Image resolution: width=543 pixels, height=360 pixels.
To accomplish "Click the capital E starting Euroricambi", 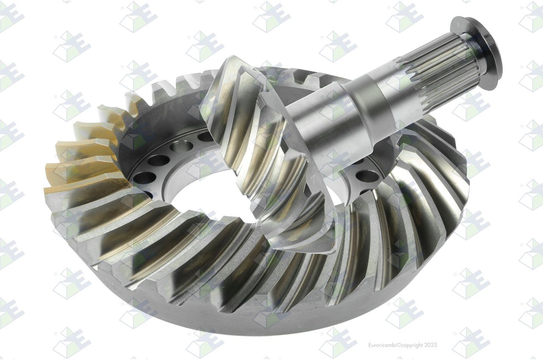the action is tap(369, 345).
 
